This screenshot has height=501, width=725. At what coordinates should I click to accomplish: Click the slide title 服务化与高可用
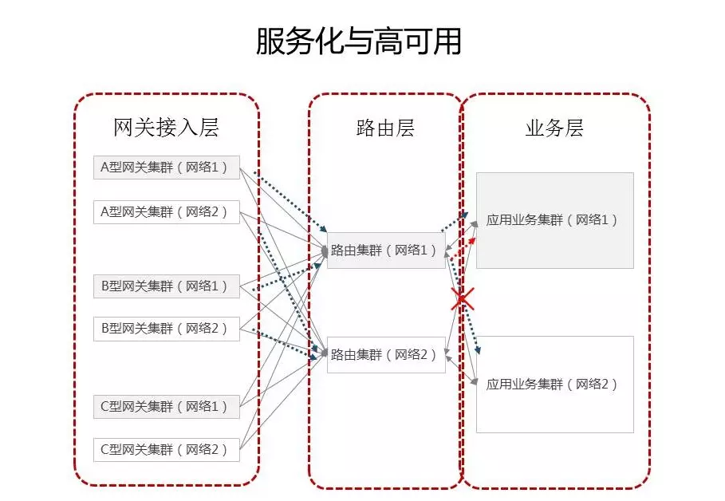358,41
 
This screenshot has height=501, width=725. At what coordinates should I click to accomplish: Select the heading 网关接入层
166,128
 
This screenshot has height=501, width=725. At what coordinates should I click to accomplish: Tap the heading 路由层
385,128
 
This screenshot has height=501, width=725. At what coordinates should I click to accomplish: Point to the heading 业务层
554,128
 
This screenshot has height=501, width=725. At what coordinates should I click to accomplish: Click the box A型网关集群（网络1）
167,167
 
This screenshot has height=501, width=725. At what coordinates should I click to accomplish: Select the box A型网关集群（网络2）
167,212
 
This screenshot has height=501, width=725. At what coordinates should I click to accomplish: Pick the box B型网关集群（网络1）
167,286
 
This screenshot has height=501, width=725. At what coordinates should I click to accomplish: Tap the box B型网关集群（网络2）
167,329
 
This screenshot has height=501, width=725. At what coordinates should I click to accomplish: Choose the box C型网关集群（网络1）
167,407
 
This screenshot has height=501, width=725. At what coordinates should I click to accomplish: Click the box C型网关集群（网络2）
167,450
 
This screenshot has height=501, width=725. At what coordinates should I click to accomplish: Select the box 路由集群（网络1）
386,250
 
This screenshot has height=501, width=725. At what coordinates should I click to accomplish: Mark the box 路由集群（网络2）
386,355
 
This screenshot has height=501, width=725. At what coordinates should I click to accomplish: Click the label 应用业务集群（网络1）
552,219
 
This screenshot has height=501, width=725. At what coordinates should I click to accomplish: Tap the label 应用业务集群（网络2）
552,384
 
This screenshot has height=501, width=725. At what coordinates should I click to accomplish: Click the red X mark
463,298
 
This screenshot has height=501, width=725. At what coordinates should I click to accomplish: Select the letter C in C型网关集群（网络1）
104,407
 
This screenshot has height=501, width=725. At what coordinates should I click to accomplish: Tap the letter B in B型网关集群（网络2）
104,329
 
